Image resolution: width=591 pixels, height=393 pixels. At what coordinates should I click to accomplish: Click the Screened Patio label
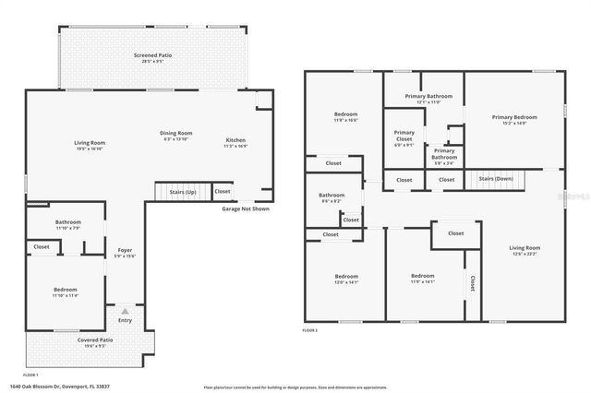pyautogui.click(x=152, y=55)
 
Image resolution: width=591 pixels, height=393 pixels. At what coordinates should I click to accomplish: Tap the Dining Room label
pyautogui.click(x=175, y=133)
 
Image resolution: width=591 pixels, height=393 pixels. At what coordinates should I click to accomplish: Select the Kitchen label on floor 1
pyautogui.click(x=235, y=140)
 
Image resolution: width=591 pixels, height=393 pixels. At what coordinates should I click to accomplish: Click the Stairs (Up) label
pyautogui.click(x=181, y=192)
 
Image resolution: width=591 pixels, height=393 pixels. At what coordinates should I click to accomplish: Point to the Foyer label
pyautogui.click(x=124, y=250)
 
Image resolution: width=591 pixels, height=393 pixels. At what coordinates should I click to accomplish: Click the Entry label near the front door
pyautogui.click(x=124, y=320)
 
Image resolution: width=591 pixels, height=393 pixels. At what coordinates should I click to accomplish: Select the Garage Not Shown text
pyautogui.click(x=246, y=208)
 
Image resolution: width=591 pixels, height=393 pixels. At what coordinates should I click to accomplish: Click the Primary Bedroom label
pyautogui.click(x=513, y=117)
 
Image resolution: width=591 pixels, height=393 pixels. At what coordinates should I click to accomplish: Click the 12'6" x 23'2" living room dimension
pyautogui.click(x=525, y=255)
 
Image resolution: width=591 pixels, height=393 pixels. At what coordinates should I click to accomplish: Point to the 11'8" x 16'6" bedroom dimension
pyautogui.click(x=346, y=120)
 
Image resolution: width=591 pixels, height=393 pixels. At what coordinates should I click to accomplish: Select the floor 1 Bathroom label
pyautogui.click(x=67, y=221)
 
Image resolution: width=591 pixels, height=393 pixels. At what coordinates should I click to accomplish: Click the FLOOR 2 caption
pyautogui.click(x=310, y=329)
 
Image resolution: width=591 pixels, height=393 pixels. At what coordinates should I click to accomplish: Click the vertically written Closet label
pyautogui.click(x=472, y=282)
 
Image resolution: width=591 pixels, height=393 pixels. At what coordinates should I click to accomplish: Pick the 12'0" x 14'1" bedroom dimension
pyautogui.click(x=346, y=282)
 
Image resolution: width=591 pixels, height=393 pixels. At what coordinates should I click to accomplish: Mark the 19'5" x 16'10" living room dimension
pyautogui.click(x=90, y=149)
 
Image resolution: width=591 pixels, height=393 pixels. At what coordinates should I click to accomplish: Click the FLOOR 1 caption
pyautogui.click(x=30, y=375)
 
